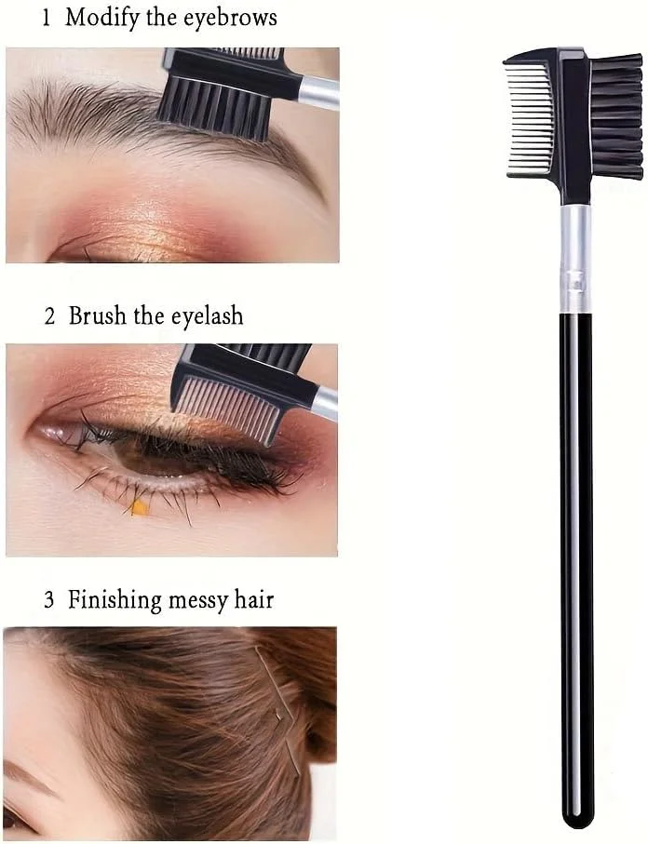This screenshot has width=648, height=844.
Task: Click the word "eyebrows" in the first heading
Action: [x=231, y=18]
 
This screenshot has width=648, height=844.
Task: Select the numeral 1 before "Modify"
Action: [x=47, y=19]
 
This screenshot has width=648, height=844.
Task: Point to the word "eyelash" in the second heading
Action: [x=208, y=316]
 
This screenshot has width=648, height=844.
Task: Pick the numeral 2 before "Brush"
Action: [x=49, y=316]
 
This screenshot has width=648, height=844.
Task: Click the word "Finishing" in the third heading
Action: [x=115, y=600]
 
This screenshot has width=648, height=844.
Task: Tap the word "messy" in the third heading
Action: [x=197, y=602]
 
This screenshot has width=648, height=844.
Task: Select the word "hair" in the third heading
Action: [x=254, y=598]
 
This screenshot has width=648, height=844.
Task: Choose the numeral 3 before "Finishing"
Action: [x=49, y=600]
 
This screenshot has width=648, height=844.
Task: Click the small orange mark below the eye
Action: [x=140, y=507]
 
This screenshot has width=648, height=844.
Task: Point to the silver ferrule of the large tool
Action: [x=575, y=260]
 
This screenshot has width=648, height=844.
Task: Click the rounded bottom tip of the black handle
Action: [x=577, y=819]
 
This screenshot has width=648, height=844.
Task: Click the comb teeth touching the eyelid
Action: [x=229, y=409]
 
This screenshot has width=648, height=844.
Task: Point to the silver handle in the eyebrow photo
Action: [x=319, y=93]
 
